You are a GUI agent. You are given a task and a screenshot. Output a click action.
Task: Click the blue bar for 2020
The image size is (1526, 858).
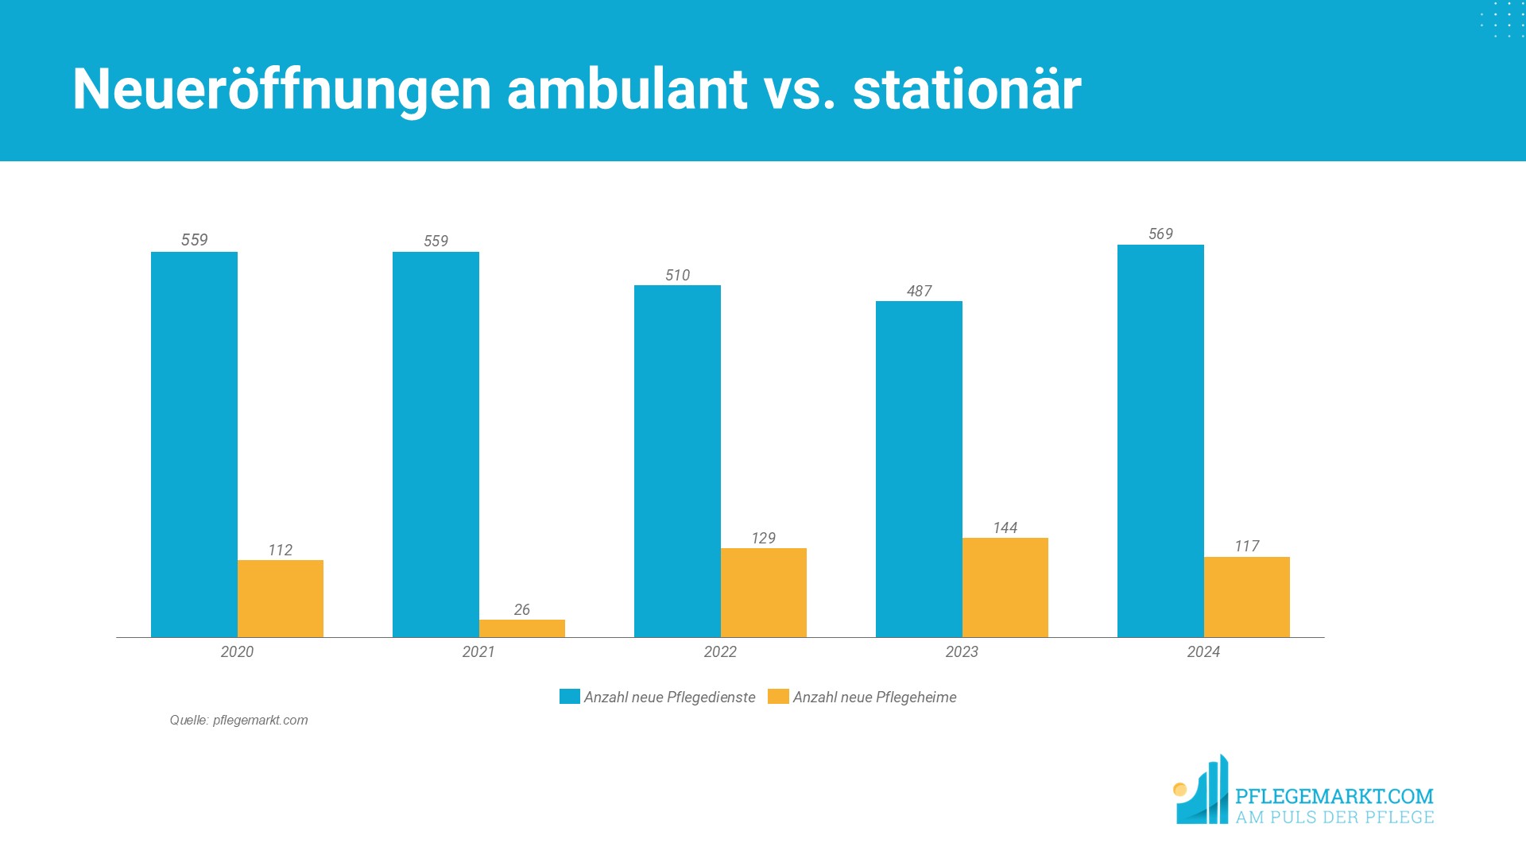pos(194,444)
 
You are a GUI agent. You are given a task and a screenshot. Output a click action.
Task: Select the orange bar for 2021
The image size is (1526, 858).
pos(521,628)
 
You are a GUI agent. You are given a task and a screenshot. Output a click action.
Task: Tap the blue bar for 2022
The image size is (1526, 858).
pos(677,461)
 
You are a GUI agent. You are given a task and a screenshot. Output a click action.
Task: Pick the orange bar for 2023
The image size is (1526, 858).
pos(1005,587)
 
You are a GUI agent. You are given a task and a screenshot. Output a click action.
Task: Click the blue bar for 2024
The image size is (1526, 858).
pos(1160,441)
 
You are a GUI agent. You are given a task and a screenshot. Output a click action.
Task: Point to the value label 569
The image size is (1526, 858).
pos(1160,234)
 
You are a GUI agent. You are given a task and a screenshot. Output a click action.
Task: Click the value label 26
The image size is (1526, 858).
pos(521,609)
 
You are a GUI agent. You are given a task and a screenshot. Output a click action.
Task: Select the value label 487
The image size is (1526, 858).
pos(919,291)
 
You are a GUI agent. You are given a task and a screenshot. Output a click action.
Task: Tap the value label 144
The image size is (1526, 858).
pos(1005,528)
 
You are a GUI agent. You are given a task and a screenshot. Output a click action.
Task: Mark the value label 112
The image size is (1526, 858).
pos(280,550)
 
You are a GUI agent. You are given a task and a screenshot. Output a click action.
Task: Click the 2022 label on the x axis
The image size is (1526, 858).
pos(720,651)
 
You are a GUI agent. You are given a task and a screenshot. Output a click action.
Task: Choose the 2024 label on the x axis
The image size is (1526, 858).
pos(1203,651)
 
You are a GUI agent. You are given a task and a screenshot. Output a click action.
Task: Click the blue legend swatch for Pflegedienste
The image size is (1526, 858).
pos(569,697)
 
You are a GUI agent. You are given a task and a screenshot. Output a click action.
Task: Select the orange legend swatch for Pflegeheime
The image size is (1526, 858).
pos(778,697)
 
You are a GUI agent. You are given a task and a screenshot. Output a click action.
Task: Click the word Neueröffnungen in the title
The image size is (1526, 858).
pos(282,89)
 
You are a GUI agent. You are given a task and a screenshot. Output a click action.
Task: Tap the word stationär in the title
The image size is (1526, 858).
pos(966,89)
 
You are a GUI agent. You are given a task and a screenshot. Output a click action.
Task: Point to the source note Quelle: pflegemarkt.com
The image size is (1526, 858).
pos(238,720)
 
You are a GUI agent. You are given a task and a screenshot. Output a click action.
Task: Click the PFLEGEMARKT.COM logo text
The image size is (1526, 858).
pos(1334,796)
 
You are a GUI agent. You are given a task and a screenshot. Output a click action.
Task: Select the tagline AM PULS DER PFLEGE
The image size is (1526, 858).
pos(1334,817)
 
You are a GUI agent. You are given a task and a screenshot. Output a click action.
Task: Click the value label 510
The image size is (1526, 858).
pos(677,275)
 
